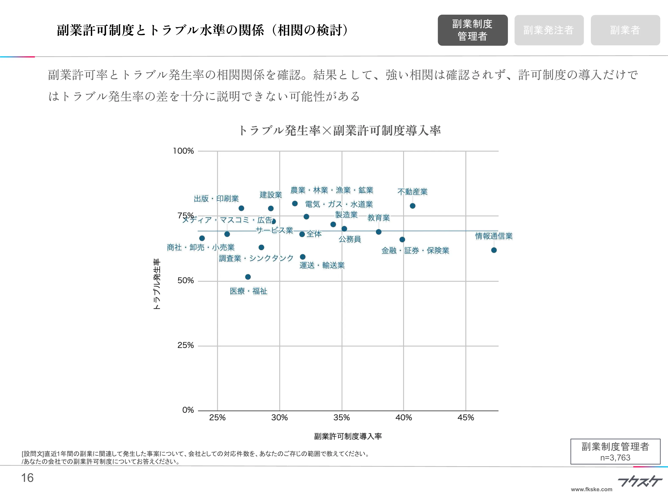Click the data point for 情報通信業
pos(494,250)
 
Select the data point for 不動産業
pos(413,206)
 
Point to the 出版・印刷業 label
pos(216,199)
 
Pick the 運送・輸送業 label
pos(322,265)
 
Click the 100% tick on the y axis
pos(183,151)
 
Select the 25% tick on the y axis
pos(185,346)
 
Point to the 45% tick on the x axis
pos(466,418)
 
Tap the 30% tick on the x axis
pos(279,418)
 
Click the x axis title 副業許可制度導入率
pos(348,436)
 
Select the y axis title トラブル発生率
pos(157,284)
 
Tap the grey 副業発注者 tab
pos(549,30)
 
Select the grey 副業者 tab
pos(625,30)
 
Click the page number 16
pos(27,478)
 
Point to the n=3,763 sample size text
pos(615,458)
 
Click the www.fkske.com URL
pos(592,489)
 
